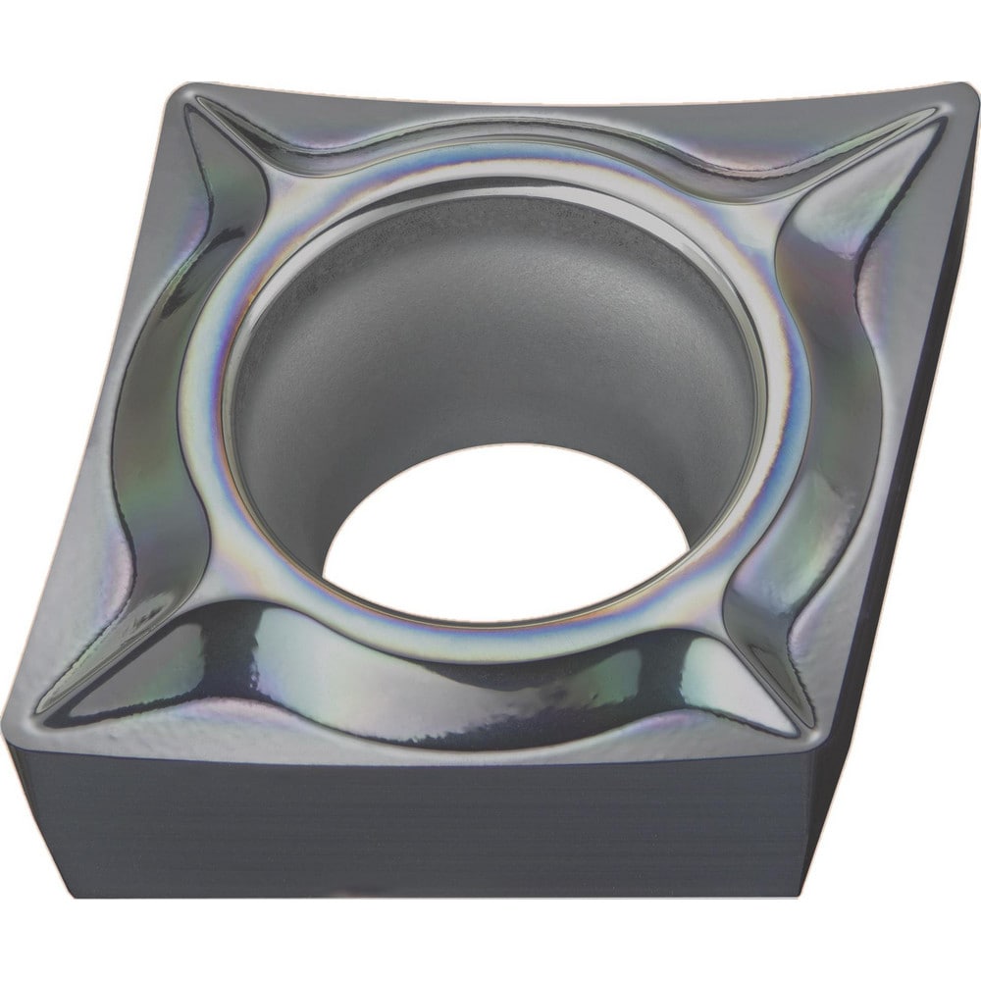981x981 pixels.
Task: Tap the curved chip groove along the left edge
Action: coord(147,412)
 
